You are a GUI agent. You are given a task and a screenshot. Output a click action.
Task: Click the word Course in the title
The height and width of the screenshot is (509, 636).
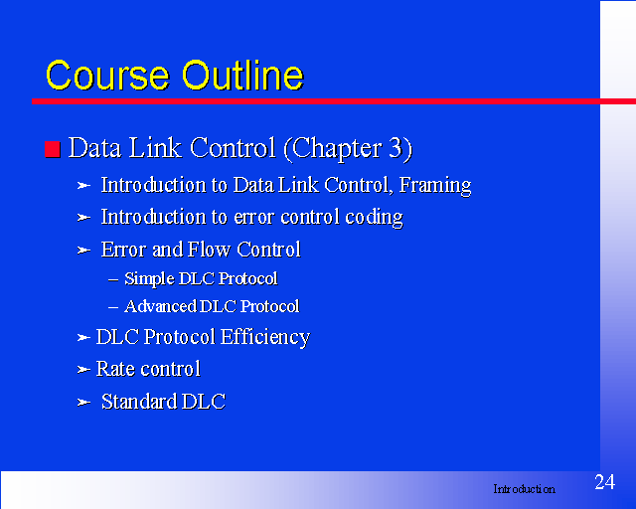pyautogui.click(x=107, y=76)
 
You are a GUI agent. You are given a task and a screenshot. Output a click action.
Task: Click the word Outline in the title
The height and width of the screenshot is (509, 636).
pyautogui.click(x=242, y=75)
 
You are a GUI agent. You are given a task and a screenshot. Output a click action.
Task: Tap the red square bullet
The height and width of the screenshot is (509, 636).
pyautogui.click(x=53, y=149)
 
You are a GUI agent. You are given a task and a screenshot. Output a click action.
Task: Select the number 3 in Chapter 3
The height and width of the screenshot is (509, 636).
pyautogui.click(x=396, y=148)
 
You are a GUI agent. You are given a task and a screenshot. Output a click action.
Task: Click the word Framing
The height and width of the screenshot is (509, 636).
pyautogui.click(x=435, y=186)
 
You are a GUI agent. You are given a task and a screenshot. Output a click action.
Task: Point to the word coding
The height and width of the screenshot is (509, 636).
pyautogui.click(x=374, y=217)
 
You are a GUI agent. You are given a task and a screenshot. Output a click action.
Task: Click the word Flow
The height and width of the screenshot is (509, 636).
pyautogui.click(x=210, y=250)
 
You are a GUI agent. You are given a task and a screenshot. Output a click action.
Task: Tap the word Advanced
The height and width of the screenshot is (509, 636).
pyautogui.click(x=160, y=306)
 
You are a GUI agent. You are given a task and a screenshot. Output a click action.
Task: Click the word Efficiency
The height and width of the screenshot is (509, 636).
pyautogui.click(x=265, y=338)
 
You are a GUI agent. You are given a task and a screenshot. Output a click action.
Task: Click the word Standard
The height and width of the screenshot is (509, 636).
pyautogui.click(x=139, y=402)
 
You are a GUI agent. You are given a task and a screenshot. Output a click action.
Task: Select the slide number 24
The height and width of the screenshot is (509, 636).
pyautogui.click(x=605, y=482)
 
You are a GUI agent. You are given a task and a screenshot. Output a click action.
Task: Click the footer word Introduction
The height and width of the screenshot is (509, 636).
pyautogui.click(x=524, y=489)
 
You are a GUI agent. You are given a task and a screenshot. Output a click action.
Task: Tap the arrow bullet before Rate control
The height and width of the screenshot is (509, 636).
pyautogui.click(x=83, y=370)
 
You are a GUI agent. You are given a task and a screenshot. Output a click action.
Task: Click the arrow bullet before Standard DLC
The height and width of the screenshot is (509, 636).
pyautogui.click(x=83, y=403)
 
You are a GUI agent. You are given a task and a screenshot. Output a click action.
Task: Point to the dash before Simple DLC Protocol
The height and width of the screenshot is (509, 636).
pyautogui.click(x=113, y=279)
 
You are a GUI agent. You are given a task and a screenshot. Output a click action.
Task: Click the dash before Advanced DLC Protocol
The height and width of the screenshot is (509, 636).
pyautogui.click(x=113, y=307)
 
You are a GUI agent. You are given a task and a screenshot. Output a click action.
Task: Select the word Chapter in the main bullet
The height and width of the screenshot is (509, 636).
pyautogui.click(x=336, y=149)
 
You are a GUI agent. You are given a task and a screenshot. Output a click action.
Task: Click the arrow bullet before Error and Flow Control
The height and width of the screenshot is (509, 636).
pyautogui.click(x=83, y=251)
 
